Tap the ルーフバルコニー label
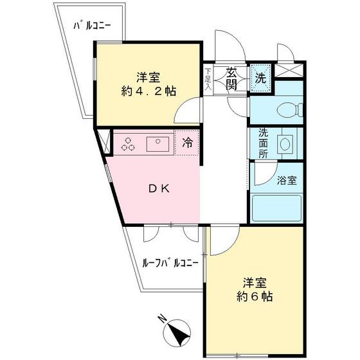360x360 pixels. tap(170, 263)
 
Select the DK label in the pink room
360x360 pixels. tap(159, 188)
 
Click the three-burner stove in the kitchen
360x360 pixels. tap(128, 145)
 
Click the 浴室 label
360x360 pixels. tap(287, 180)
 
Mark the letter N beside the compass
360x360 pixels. tap(163, 318)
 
